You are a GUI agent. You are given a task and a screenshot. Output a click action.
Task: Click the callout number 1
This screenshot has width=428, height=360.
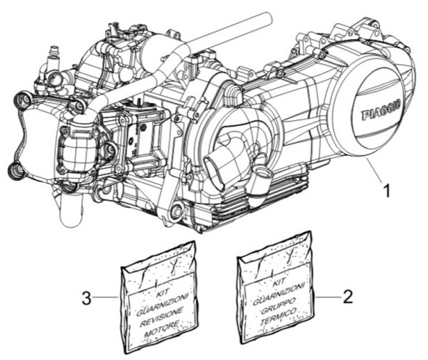pos(387,192)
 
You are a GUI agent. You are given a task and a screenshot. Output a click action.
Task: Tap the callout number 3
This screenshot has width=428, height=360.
pos(87,297)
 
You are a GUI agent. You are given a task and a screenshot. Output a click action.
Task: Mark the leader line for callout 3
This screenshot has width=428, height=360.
pos(108,296)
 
